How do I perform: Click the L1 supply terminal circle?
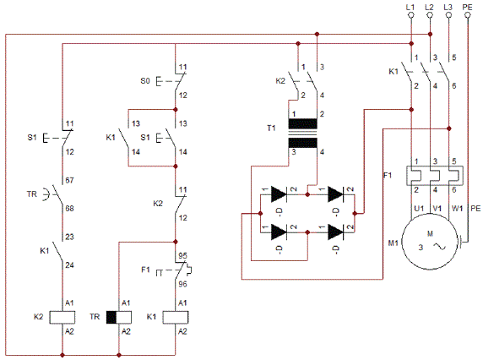(x=411, y=15)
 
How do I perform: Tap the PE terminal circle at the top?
(x=468, y=15)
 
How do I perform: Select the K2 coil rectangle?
(x=62, y=318)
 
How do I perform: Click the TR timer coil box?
(x=119, y=318)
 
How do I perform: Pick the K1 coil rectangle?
(x=176, y=318)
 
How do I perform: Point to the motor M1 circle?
(x=430, y=242)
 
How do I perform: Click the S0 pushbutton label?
(x=145, y=81)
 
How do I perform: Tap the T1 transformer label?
(x=271, y=128)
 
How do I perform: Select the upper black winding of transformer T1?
(x=303, y=123)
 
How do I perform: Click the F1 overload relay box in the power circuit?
(x=435, y=176)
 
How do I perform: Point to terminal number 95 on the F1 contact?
(x=182, y=256)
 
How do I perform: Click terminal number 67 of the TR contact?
(x=69, y=180)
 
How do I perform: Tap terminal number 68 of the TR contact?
(x=69, y=209)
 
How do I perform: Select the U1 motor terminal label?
(x=419, y=209)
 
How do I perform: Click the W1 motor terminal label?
(x=457, y=209)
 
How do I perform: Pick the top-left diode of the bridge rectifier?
(x=279, y=194)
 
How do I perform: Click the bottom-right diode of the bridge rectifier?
(x=335, y=232)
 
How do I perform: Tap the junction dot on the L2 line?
(x=431, y=34)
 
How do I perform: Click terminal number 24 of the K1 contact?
(x=69, y=265)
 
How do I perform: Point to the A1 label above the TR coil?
(x=126, y=303)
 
